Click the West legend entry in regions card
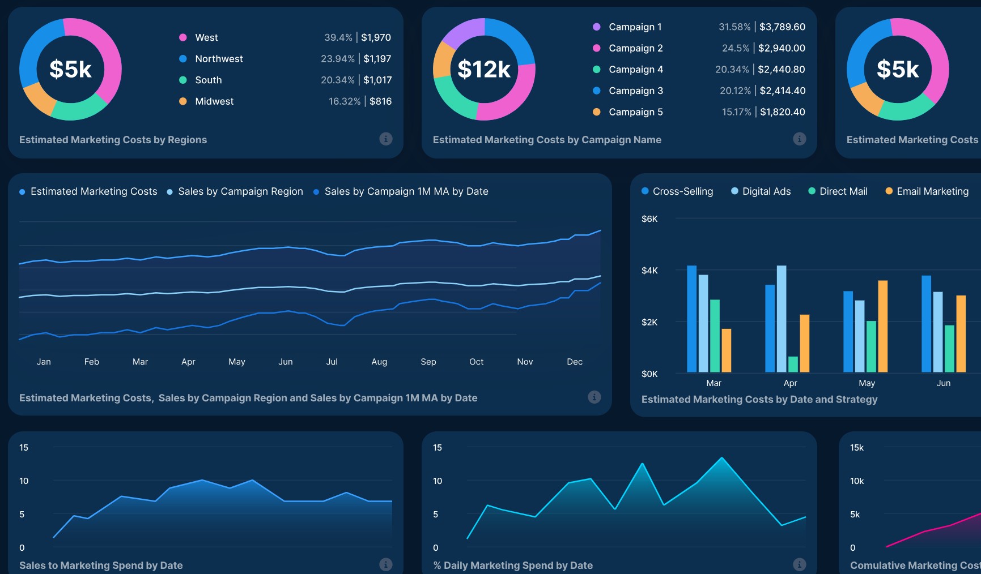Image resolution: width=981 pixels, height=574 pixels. tap(206, 37)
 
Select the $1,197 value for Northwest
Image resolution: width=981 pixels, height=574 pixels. tap(377, 59)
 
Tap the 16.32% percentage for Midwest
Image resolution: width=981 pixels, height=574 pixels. tap(344, 101)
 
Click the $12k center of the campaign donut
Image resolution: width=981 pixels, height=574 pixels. tap(484, 69)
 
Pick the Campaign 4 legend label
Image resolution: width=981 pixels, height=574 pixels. tap(635, 70)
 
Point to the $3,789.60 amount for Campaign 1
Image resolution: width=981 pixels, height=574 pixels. tap(782, 27)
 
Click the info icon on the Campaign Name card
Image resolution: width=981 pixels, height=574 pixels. tap(799, 139)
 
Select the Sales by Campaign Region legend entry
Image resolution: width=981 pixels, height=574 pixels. tap(240, 191)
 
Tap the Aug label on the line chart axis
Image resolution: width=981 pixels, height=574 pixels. tap(379, 362)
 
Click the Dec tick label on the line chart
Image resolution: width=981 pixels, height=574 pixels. tap(574, 362)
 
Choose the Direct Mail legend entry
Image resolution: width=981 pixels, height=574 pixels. tap(843, 191)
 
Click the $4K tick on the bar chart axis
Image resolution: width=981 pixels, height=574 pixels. tap(649, 271)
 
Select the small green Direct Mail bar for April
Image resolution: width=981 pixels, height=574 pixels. tap(793, 364)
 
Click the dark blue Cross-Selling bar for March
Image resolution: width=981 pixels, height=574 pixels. tap(691, 318)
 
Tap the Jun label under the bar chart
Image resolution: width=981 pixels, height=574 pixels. tap(943, 383)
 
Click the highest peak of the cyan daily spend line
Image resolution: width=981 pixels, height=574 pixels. tap(721, 458)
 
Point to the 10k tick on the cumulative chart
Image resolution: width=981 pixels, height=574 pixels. tap(856, 481)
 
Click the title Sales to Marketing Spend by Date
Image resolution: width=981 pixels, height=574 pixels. tap(101, 565)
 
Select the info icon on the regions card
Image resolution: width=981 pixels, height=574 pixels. tap(385, 139)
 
